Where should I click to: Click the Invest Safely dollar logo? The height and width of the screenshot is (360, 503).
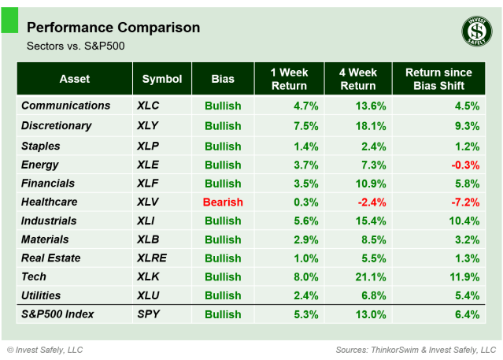coord(475,32)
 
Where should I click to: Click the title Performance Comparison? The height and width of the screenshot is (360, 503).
coord(113,28)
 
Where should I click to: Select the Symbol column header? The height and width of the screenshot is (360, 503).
coord(162,79)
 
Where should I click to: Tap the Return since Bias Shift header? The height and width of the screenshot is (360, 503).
coord(439,79)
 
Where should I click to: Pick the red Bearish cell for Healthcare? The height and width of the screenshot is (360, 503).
coord(223,202)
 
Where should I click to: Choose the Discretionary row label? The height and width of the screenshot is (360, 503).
coord(57,126)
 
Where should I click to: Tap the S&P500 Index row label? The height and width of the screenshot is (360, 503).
coord(57,314)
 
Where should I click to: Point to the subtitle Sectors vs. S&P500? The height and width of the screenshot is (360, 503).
coord(76,46)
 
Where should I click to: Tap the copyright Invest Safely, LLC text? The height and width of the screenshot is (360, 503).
coord(45,349)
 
